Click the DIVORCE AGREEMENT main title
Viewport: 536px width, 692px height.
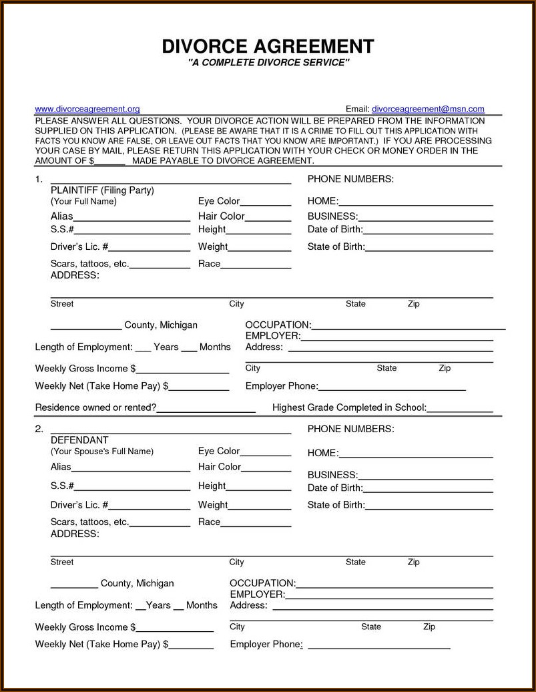(x=268, y=46)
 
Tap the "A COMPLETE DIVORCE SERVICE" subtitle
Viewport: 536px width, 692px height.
(x=268, y=63)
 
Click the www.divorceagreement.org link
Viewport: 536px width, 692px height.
(x=87, y=109)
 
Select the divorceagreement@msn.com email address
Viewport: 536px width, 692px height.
(x=428, y=109)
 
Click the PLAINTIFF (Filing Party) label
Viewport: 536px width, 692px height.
(x=102, y=190)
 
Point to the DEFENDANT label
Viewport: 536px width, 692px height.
(x=79, y=440)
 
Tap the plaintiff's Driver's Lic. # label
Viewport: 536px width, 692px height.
(x=79, y=246)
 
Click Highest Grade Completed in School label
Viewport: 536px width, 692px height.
(x=349, y=407)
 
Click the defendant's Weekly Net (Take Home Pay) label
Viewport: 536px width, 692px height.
(x=101, y=645)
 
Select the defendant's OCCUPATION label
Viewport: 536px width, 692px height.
(x=262, y=583)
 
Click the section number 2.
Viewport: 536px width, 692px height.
(x=39, y=429)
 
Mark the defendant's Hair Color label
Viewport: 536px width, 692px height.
(x=220, y=467)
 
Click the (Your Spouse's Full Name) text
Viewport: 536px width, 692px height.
(x=102, y=452)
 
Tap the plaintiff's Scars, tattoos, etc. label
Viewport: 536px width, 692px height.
(x=89, y=264)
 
